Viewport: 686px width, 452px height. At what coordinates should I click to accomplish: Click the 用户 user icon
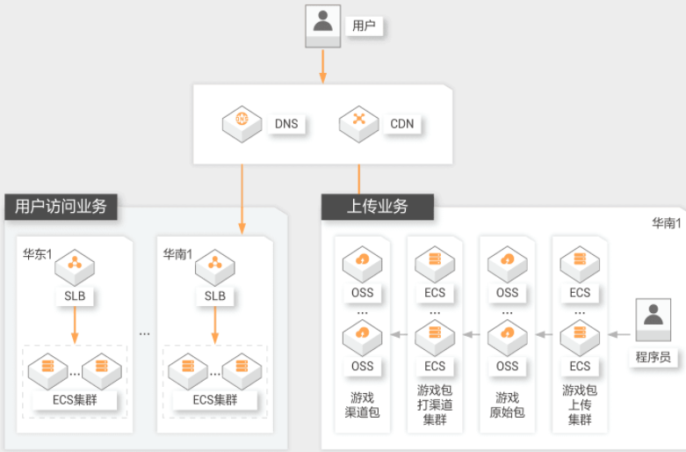click(x=323, y=26)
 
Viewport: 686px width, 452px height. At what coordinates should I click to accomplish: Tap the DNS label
click(x=286, y=124)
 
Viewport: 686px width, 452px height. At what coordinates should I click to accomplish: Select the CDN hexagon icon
click(x=358, y=124)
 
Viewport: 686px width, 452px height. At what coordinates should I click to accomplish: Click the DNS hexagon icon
click(x=242, y=124)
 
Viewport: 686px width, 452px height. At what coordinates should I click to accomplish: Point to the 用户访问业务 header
click(x=61, y=207)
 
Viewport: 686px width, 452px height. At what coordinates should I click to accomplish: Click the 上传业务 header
click(x=378, y=207)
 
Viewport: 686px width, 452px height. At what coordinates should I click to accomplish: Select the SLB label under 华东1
click(x=75, y=296)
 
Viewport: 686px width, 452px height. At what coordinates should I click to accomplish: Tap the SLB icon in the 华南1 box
click(x=215, y=267)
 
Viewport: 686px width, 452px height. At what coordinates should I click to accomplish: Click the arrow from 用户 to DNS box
click(x=323, y=66)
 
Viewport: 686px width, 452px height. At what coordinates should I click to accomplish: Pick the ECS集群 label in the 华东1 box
click(x=75, y=400)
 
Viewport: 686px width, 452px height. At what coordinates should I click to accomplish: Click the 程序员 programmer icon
click(x=654, y=320)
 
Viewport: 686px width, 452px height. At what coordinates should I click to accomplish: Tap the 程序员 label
click(x=654, y=357)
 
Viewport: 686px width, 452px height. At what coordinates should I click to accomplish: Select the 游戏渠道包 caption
click(x=362, y=405)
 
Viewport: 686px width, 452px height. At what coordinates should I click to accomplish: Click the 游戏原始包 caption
click(x=507, y=405)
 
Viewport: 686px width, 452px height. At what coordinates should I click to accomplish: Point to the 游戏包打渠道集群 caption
click(x=435, y=405)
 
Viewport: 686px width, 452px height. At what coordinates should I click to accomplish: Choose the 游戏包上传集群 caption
click(x=580, y=405)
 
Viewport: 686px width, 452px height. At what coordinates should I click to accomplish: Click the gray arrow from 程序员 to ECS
click(x=619, y=335)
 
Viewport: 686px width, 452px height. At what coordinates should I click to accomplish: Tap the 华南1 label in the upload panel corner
click(x=667, y=223)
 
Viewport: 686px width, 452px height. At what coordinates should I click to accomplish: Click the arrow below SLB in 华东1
click(x=75, y=325)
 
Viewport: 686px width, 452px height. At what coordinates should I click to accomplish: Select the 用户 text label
click(x=364, y=26)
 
